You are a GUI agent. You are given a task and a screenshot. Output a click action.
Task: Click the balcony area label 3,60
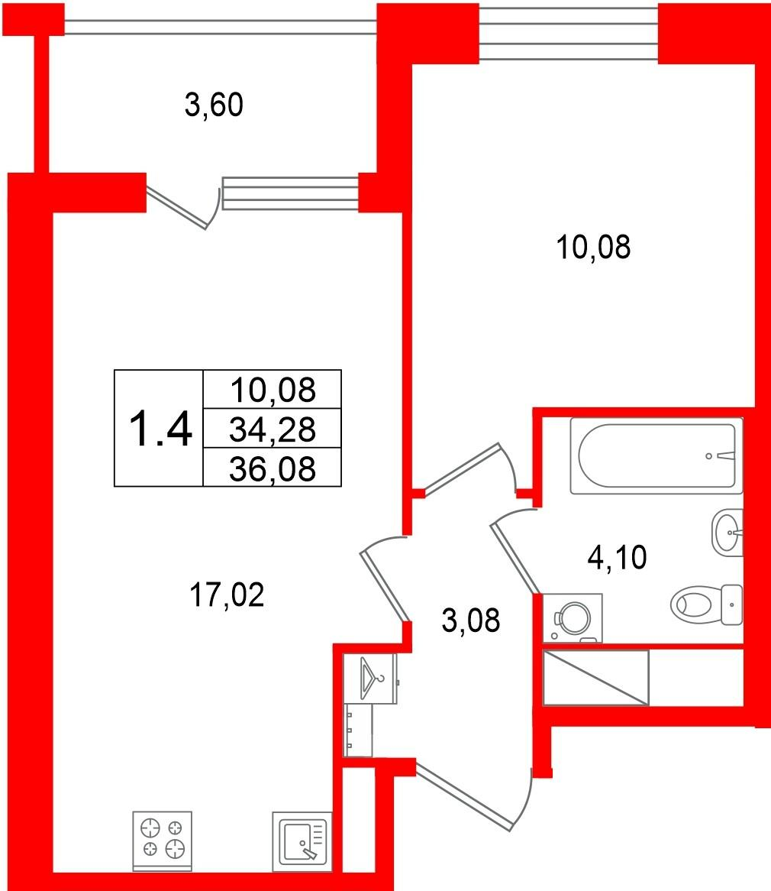click(x=214, y=105)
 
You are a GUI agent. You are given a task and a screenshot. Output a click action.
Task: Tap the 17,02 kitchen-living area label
click(x=227, y=595)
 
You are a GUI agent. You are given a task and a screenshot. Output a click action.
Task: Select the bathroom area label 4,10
click(x=617, y=557)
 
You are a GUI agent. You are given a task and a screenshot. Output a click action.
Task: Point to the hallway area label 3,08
click(x=471, y=620)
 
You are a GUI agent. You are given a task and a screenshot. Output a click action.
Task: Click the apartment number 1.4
click(x=160, y=429)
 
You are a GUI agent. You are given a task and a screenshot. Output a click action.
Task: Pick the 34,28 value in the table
click(x=273, y=429)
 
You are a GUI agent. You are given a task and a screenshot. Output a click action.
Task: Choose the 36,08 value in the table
click(x=273, y=468)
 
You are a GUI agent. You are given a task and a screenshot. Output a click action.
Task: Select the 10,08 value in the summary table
click(x=273, y=390)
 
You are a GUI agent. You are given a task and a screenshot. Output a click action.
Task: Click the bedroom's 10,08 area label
click(x=593, y=247)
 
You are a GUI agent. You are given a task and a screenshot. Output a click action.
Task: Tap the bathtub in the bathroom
click(x=656, y=455)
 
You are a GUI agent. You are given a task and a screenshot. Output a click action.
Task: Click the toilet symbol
click(x=707, y=604)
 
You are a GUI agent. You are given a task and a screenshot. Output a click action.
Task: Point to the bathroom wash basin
click(x=727, y=533)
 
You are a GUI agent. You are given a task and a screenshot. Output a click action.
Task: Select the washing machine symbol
click(x=573, y=618)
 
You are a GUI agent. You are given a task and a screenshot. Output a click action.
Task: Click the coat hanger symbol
click(x=371, y=678)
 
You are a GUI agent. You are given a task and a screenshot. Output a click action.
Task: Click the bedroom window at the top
click(x=568, y=32)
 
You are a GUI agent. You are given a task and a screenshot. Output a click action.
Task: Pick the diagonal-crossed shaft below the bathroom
click(x=595, y=677)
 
